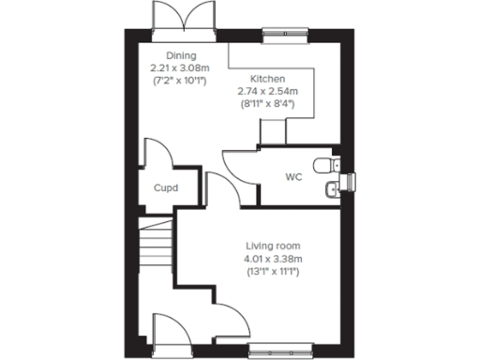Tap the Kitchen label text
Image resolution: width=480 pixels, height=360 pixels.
tap(268, 79)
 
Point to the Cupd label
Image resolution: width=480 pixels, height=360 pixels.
tap(166, 187)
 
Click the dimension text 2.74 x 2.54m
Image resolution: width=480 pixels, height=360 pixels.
tap(268, 91)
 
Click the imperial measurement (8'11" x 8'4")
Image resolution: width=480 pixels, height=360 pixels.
tap(268, 103)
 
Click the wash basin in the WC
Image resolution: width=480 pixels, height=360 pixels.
tap(331, 191)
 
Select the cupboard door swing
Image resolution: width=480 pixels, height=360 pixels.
tap(157, 153)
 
